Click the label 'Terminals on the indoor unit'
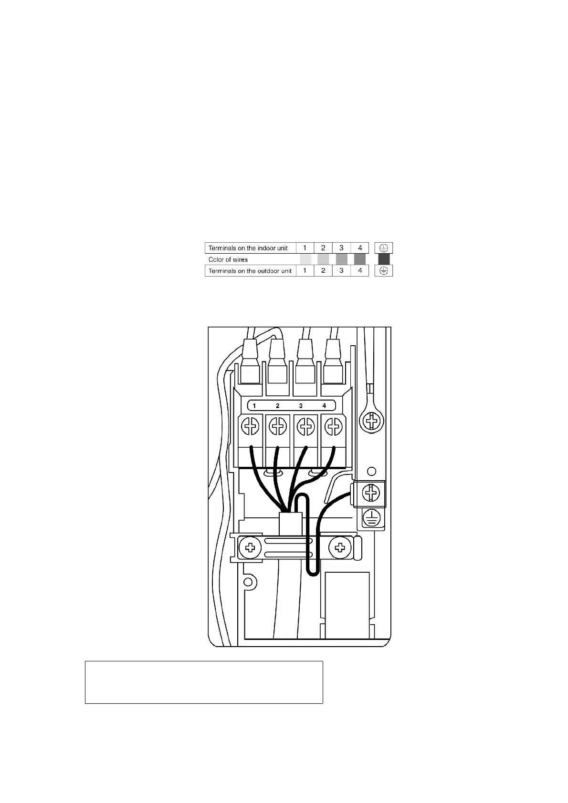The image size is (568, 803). pos(248,248)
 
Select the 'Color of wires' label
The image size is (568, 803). pos(228,259)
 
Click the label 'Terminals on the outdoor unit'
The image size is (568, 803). pos(250,271)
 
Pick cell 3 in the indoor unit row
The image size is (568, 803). pos(341,248)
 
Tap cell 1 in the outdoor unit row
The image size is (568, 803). pos(305,271)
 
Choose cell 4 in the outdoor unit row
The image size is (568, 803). pos(360,271)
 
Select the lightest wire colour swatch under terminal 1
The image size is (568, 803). pos(305,259)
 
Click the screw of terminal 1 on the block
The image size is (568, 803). pos(250,425)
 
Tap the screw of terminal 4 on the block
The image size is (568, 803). pos(333,425)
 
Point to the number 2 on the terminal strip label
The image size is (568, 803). pos(277,406)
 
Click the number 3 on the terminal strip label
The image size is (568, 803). pos(301,406)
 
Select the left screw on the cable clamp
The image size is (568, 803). pos(249,547)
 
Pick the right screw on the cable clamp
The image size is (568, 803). pos(340,547)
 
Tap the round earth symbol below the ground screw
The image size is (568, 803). pos(371,517)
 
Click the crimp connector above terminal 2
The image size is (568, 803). pos(277,362)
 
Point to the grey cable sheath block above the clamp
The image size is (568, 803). pos(290,525)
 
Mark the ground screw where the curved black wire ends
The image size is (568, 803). pos(370,493)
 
